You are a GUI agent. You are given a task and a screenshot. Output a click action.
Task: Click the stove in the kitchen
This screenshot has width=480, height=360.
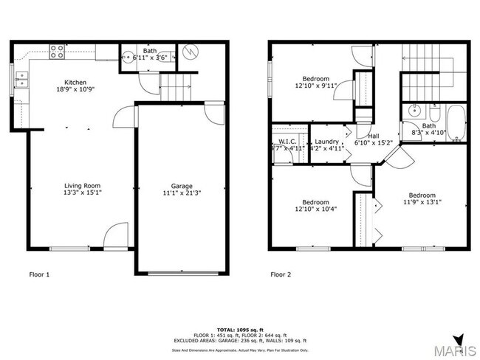click(x=56, y=52)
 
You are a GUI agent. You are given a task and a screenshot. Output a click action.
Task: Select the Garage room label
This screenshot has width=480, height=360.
click(x=182, y=186)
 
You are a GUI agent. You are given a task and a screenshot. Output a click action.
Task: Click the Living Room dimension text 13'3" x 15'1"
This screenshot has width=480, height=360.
click(x=82, y=193)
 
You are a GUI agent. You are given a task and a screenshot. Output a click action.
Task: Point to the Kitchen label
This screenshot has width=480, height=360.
click(x=76, y=81)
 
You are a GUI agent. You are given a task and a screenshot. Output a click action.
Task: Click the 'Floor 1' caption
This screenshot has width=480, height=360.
click(x=39, y=274)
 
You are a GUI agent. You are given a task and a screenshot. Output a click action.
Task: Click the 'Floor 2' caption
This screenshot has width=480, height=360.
click(x=281, y=274)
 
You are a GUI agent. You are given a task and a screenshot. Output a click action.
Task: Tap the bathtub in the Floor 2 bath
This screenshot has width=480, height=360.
click(x=456, y=123)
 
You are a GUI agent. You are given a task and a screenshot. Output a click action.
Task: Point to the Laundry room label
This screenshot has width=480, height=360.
click(x=326, y=141)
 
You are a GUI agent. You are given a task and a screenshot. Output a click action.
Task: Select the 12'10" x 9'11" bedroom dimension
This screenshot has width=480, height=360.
click(x=315, y=85)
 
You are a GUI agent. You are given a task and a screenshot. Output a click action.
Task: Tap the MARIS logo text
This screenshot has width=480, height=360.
click(x=454, y=350)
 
